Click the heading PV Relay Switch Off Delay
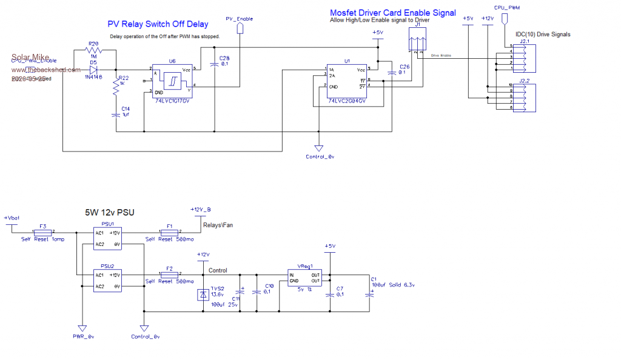(x=158, y=24)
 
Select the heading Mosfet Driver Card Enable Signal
(x=392, y=13)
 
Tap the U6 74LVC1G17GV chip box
(x=172, y=81)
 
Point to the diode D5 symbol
(x=93, y=69)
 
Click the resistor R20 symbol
(x=93, y=51)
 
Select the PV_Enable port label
(x=239, y=19)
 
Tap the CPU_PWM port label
(x=507, y=8)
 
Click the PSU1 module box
(x=107, y=238)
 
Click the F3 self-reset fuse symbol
(x=42, y=232)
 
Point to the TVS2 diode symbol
(x=202, y=295)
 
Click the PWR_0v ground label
(x=82, y=336)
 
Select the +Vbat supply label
(x=12, y=218)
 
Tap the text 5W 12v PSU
(x=109, y=213)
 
